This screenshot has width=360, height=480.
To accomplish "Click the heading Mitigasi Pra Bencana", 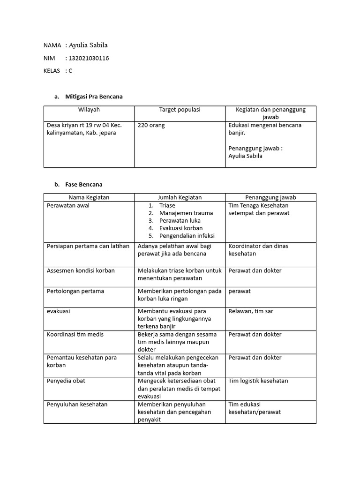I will click(94, 97).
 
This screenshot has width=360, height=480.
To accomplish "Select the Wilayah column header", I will click(89, 110).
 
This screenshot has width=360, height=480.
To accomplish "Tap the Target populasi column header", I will click(180, 110).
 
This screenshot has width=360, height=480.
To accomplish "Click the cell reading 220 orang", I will click(151, 125).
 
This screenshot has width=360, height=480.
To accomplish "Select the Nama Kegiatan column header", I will click(89, 197).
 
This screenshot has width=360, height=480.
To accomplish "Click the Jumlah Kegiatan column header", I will click(180, 197).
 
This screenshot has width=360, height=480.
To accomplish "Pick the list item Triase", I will click(167, 205).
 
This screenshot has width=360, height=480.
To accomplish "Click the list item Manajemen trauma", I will click(186, 213).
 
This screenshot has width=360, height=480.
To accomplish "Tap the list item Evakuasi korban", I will click(180, 228).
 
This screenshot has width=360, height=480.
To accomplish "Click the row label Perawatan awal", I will click(68, 205).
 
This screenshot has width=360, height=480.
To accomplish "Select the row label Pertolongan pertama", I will click(75, 291).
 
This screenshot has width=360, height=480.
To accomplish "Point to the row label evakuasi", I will click(59, 311).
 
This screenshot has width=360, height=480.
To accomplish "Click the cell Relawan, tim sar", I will click(251, 311).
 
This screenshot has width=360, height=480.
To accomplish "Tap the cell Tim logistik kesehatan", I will click(258, 381).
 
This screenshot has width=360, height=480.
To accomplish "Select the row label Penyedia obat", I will click(66, 381).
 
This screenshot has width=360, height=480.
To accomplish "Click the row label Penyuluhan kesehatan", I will click(77, 404).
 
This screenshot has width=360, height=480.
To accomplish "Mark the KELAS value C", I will click(70, 71).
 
